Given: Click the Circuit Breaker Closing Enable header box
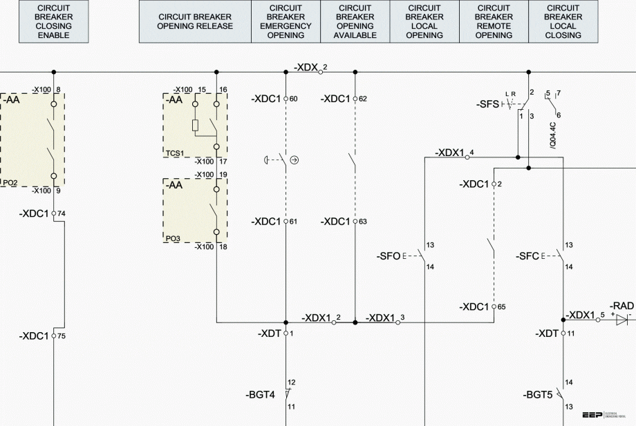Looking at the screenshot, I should (54, 21).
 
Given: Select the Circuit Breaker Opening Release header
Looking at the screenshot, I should (195, 21).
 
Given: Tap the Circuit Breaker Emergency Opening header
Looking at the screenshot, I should (286, 21).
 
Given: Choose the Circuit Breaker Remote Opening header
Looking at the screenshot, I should (494, 21).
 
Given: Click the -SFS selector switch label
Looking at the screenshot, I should (487, 104).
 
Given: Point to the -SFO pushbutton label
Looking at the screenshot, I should (389, 256).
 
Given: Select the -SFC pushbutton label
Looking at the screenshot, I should (527, 256).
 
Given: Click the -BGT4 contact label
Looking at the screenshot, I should (260, 395).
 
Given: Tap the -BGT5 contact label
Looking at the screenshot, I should (537, 396).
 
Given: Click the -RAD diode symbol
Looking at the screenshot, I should (621, 320).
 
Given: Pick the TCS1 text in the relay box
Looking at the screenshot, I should (175, 153).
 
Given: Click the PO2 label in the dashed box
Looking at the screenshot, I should (10, 183).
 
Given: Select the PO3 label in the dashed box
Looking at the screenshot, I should (173, 238).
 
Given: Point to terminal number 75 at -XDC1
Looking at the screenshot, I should (62, 336).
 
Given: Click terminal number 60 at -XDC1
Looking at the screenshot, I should (293, 99).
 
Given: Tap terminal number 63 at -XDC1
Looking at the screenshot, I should (363, 222).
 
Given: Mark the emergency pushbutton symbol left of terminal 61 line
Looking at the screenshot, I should (269, 160).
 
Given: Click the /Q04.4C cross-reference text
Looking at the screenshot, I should (552, 135).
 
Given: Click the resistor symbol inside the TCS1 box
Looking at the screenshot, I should (195, 126).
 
